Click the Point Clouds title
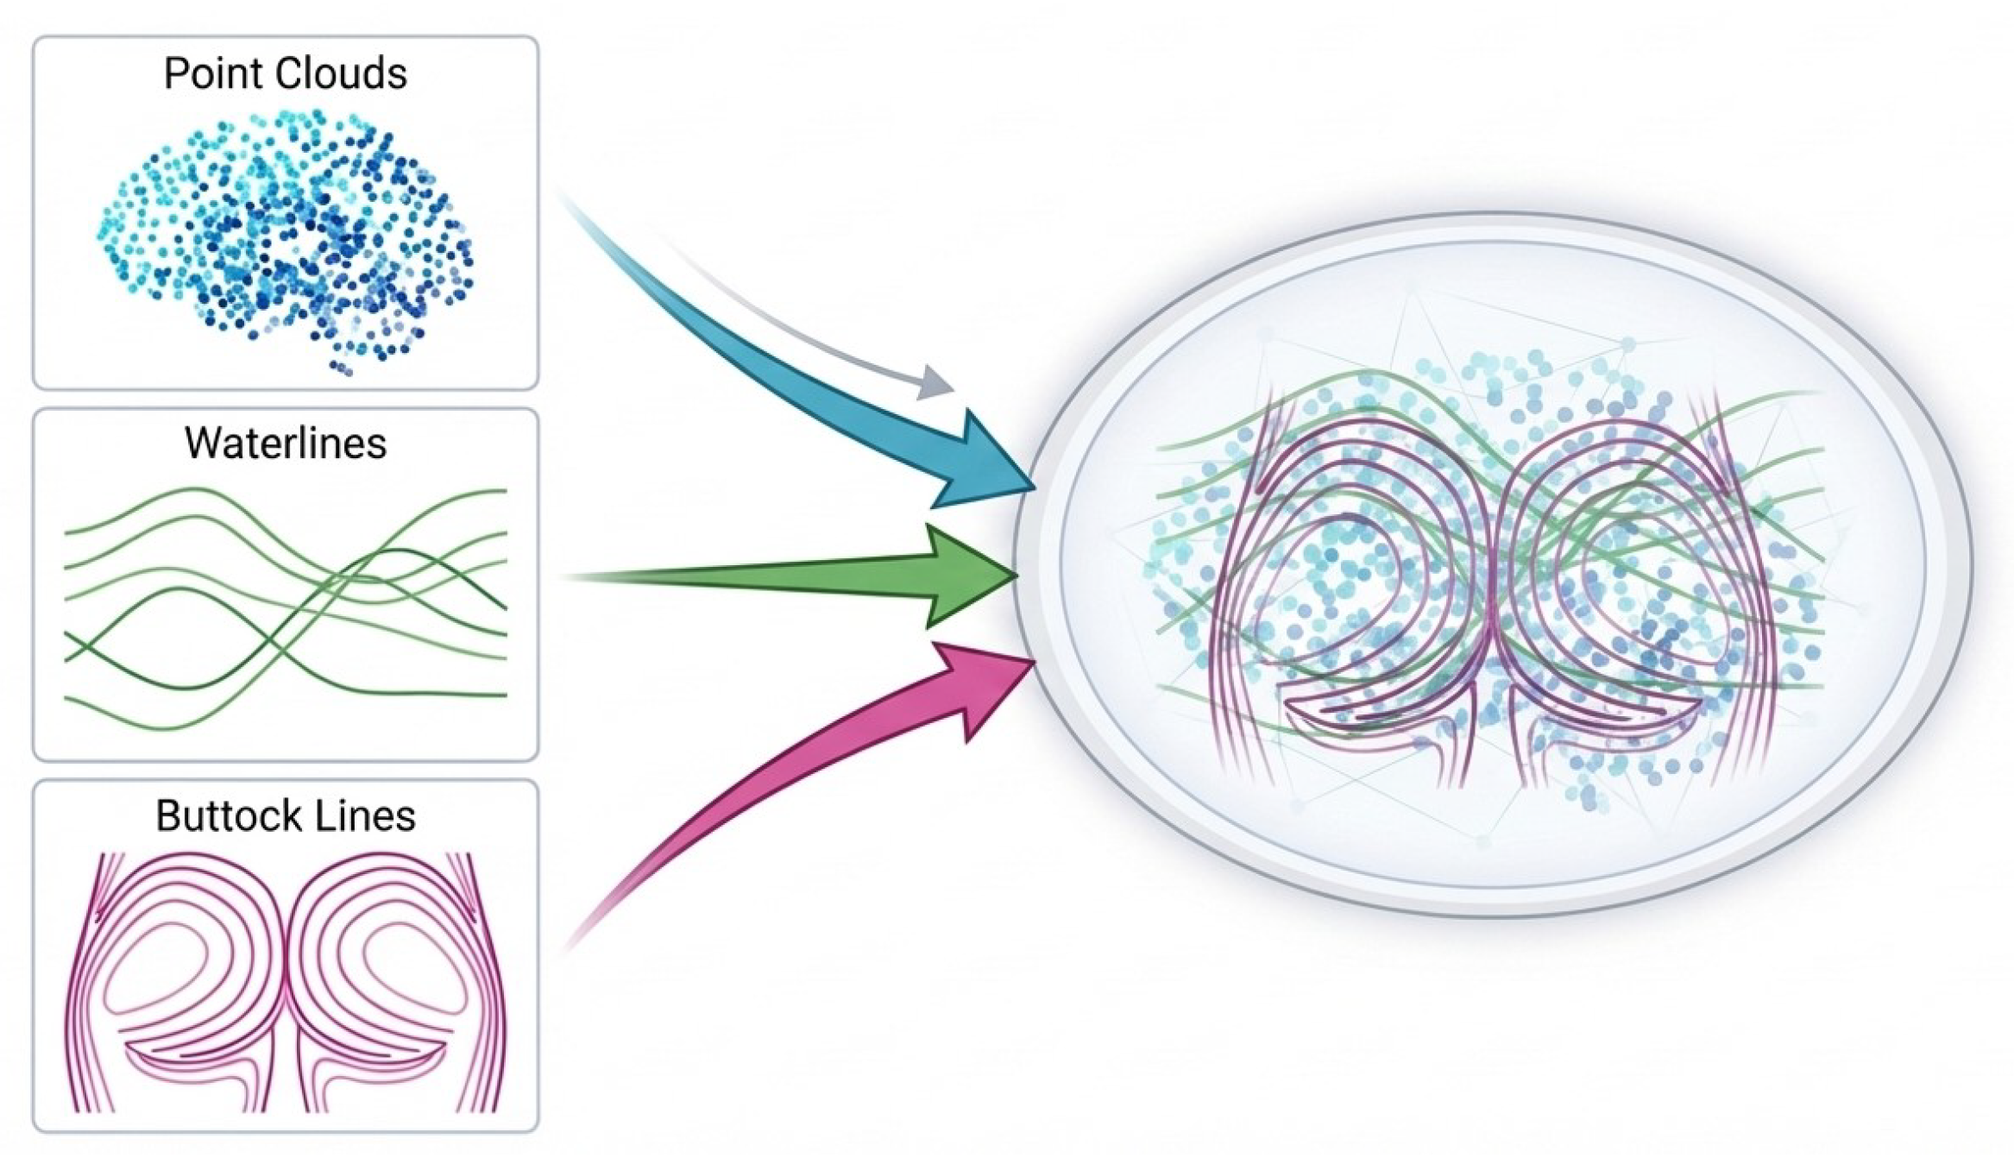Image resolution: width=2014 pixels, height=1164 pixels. point(285,74)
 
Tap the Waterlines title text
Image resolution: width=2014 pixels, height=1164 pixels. point(285,444)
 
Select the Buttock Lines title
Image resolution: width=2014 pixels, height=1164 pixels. point(285,816)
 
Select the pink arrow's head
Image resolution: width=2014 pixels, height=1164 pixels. point(988,682)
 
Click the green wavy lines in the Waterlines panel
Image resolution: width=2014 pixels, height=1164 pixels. point(285,604)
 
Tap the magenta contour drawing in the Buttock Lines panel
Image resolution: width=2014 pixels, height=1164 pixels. point(285,984)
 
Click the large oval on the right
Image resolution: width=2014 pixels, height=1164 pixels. point(1493,565)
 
